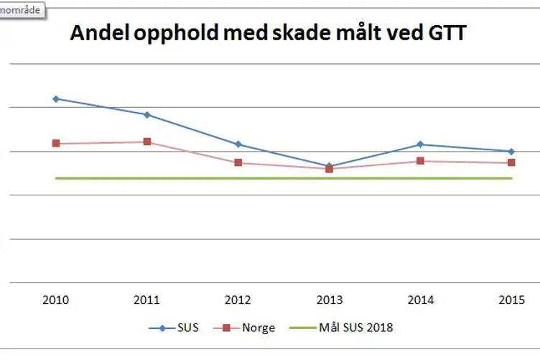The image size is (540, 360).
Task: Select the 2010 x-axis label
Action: (x=56, y=299)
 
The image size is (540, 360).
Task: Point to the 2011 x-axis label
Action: (x=146, y=299)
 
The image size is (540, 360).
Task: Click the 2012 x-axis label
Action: (x=238, y=299)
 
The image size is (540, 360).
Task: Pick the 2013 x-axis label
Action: (x=329, y=299)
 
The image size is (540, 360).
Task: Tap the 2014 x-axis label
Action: (x=419, y=299)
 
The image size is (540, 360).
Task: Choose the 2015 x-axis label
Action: (x=511, y=299)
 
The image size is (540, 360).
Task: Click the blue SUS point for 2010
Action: (x=56, y=98)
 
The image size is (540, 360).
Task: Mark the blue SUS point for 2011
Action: (x=146, y=114)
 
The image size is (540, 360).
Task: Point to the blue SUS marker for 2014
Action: (x=419, y=144)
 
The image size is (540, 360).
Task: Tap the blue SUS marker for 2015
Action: (x=511, y=151)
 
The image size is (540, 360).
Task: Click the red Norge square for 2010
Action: (x=56, y=144)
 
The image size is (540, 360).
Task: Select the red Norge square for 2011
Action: (x=146, y=142)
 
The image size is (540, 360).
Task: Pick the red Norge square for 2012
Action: (x=238, y=162)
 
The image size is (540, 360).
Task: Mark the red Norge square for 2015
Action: (x=511, y=162)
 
